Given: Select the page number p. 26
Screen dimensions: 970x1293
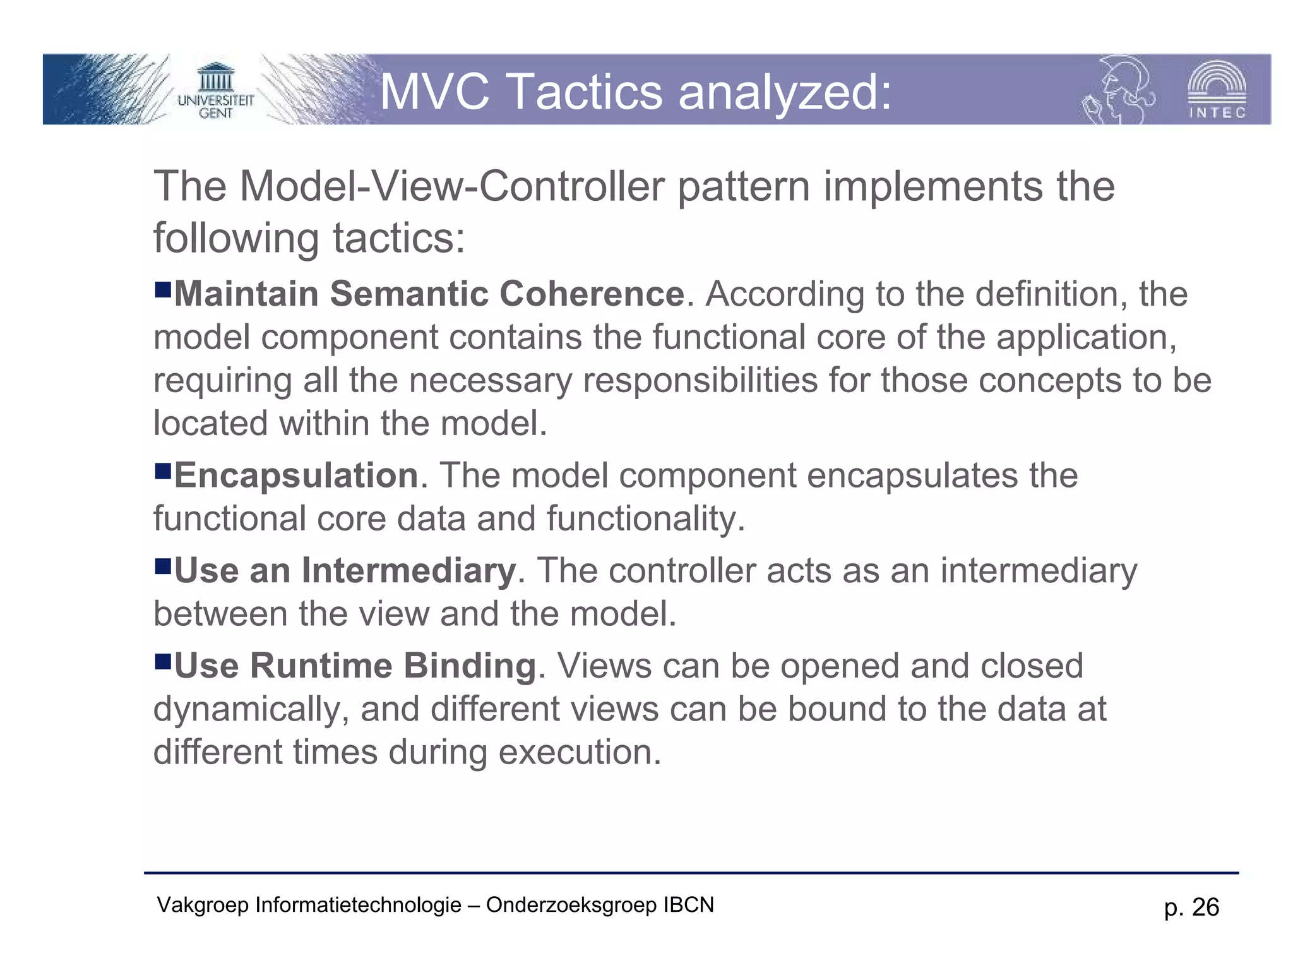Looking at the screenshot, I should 1191,907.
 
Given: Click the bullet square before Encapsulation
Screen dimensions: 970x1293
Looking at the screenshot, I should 163,470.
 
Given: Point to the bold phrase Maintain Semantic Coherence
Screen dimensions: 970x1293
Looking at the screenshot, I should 429,294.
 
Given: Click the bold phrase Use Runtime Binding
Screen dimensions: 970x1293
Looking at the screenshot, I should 355,666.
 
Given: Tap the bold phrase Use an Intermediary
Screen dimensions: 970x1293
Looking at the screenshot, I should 345,571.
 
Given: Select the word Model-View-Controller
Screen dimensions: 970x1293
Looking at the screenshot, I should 452,187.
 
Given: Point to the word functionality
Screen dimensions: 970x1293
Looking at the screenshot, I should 645,519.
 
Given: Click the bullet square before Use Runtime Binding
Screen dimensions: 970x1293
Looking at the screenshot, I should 163,661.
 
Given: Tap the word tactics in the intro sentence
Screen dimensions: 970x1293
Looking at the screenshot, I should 398,239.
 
